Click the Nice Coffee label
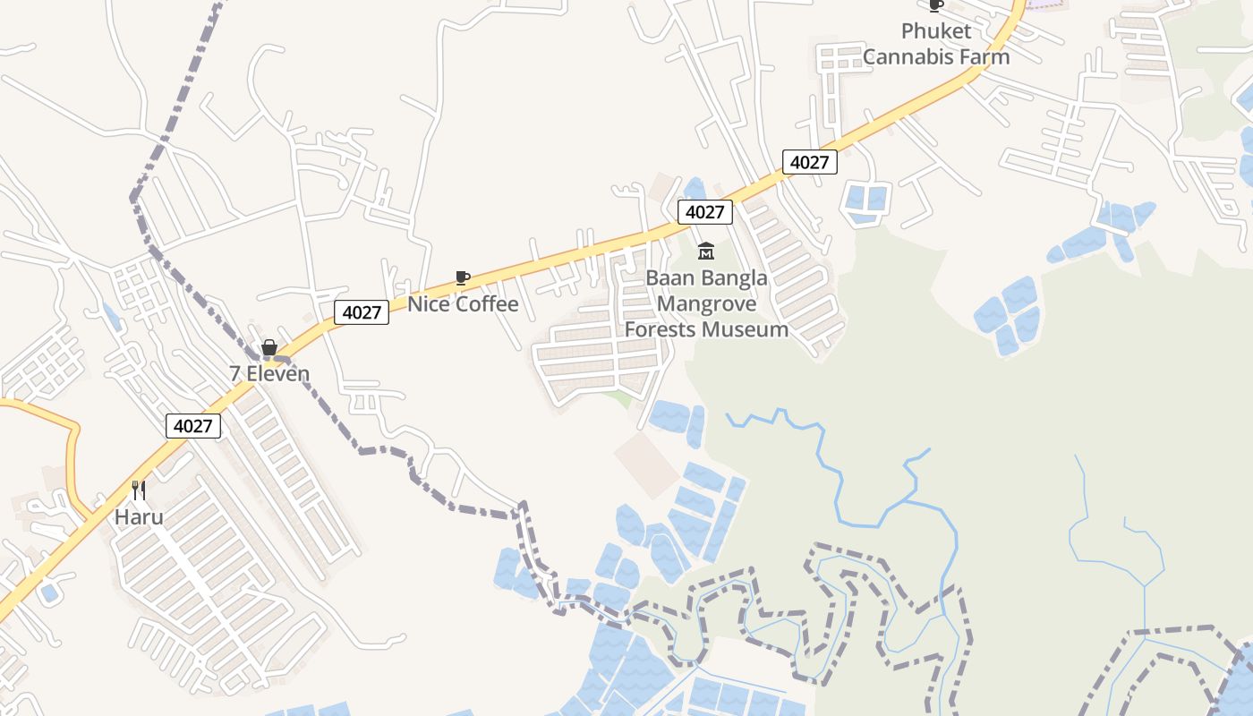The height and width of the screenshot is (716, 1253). point(463,304)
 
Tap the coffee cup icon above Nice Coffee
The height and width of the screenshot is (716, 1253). point(463,278)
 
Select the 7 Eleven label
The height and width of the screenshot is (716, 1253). point(269,374)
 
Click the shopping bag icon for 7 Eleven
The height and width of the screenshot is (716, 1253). point(269,348)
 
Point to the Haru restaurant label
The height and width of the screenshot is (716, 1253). point(139,516)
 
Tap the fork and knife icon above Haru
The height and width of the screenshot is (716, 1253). point(139,490)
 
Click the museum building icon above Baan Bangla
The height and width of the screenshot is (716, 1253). point(706,251)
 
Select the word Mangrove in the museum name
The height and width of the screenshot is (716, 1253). point(706,303)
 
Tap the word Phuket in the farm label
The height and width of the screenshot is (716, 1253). point(936,31)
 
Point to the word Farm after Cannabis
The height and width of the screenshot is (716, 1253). point(985,56)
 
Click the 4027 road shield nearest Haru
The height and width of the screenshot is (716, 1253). point(192,426)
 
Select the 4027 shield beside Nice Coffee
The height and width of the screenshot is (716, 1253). point(362,312)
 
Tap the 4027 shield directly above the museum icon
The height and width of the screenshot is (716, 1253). point(705,212)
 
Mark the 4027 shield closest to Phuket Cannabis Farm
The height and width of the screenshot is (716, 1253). point(810,162)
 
